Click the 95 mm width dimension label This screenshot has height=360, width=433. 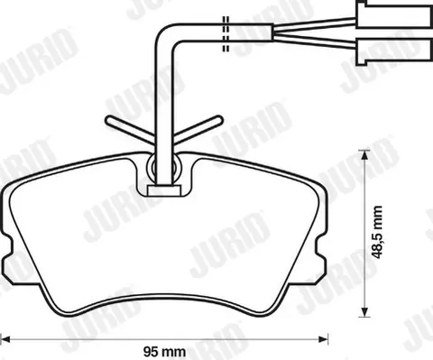(x=164, y=351)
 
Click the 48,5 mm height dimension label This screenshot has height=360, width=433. (x=376, y=232)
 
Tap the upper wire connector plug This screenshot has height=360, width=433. (x=394, y=14)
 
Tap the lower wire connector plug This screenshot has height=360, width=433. (x=394, y=51)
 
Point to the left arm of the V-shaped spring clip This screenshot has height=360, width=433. (x=130, y=130)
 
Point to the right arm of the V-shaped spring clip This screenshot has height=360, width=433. (x=198, y=129)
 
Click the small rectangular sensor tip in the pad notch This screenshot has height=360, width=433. (x=164, y=190)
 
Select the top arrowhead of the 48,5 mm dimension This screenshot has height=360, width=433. (x=364, y=155)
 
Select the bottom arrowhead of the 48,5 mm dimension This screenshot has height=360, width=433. (x=364, y=310)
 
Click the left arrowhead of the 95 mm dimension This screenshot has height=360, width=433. (x=5, y=339)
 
